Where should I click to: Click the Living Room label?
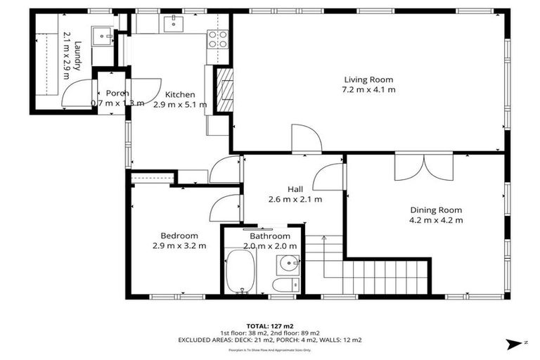[368, 79]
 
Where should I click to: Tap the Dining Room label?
[436, 210]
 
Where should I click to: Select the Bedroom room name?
[179, 236]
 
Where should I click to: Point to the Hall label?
[295, 188]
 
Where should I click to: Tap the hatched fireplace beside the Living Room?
[224, 89]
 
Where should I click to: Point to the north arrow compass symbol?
[514, 343]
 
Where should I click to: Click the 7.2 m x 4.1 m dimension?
[368, 89]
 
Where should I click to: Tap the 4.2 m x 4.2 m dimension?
[436, 220]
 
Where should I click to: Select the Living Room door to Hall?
[306, 139]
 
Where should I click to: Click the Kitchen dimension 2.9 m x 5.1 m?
[180, 104]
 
